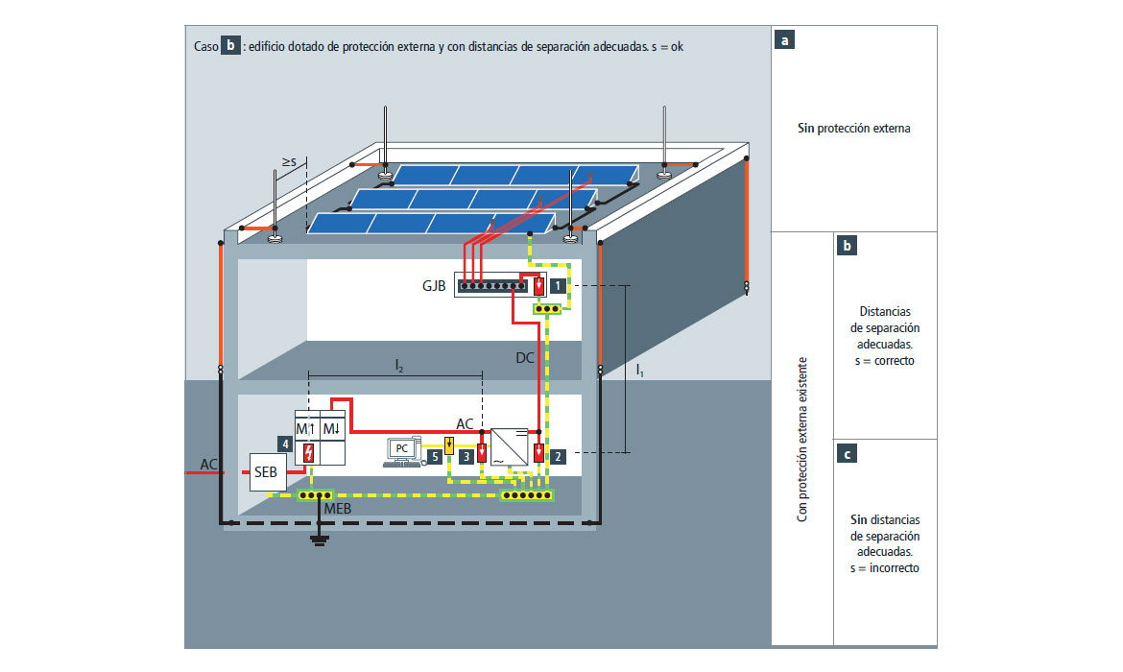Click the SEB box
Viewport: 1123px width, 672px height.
pos(267,472)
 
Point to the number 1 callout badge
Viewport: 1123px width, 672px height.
pos(559,285)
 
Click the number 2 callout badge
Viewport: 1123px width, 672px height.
pos(558,456)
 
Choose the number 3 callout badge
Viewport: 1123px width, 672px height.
pos(466,456)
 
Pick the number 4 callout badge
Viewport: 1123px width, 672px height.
pos(285,444)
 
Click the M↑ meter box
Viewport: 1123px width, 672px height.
pos(306,427)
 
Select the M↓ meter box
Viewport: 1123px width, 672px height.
pos(332,427)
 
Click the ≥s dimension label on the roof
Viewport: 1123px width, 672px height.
pos(288,161)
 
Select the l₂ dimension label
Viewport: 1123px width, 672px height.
pos(398,365)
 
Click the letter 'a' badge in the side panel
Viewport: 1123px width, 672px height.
pos(786,41)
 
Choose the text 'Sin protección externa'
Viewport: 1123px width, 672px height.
pos(853,128)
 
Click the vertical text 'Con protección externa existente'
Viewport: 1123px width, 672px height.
pos(802,440)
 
